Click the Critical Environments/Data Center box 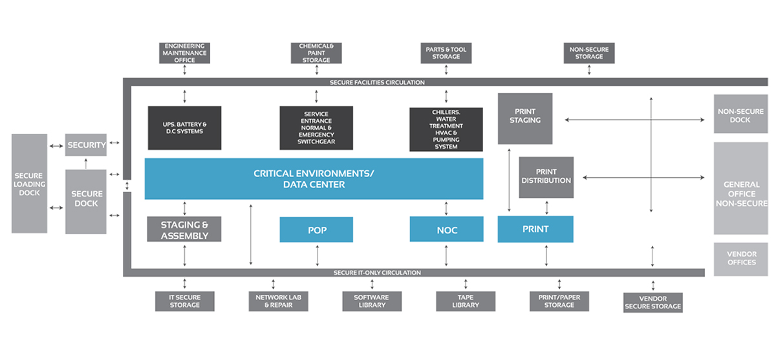click(x=314, y=179)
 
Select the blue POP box click(x=316, y=229)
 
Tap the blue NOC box click(x=447, y=229)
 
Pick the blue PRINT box click(x=535, y=229)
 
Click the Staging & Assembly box click(x=184, y=229)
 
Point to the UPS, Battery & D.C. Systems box click(x=184, y=127)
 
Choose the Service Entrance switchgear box click(x=316, y=127)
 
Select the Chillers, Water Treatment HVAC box click(x=446, y=129)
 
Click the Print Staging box click(x=525, y=118)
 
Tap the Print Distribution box click(x=546, y=177)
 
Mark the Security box click(x=86, y=145)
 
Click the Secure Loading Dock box click(x=30, y=184)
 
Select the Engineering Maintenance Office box click(x=185, y=53)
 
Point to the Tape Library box click(x=466, y=301)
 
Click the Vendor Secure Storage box click(x=652, y=302)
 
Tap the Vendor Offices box click(x=741, y=258)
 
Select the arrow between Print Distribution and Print click(x=548, y=207)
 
